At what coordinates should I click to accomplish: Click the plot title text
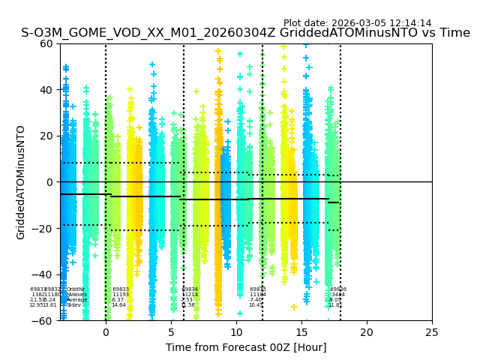[245, 33]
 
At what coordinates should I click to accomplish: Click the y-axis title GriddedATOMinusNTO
[21, 182]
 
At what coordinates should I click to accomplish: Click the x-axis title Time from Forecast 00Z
[246, 347]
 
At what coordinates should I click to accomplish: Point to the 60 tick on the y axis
[46, 43]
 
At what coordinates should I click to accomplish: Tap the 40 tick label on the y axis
[46, 90]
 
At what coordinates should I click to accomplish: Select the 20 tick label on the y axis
[46, 136]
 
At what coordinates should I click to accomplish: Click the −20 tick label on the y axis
[43, 229]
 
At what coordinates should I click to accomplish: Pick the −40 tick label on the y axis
[43, 274]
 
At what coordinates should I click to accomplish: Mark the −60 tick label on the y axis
[43, 321]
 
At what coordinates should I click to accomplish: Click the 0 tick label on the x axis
[106, 332]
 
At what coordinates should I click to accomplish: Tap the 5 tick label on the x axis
[171, 332]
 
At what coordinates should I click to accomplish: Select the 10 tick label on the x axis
[236, 332]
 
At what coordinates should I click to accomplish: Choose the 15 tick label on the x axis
[301, 332]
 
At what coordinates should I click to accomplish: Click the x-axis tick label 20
[367, 332]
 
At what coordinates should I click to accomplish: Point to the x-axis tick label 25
[432, 332]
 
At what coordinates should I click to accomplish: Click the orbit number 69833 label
[121, 289]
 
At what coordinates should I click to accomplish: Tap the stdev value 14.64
[118, 305]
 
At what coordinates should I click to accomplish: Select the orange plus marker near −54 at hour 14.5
[295, 307]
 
